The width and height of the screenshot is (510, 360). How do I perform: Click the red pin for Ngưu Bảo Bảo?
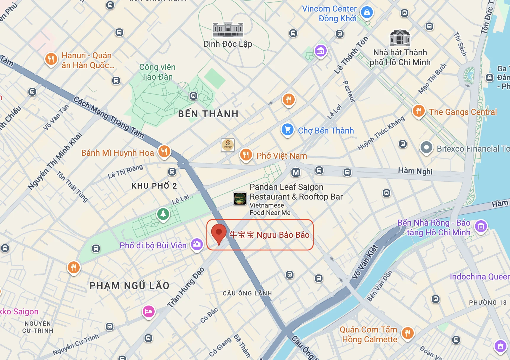point(219,232)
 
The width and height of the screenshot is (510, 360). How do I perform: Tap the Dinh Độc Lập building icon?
point(228,30)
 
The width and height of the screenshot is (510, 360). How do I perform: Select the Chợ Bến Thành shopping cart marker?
point(287,130)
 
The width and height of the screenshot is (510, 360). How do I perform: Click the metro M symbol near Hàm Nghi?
point(296,172)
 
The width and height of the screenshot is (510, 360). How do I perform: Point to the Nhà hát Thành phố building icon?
point(400,38)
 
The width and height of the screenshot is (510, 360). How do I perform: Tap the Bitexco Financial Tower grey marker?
point(426,147)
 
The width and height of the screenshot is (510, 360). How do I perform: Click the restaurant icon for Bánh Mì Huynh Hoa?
point(164,152)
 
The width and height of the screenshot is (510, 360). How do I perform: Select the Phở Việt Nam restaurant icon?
point(246,154)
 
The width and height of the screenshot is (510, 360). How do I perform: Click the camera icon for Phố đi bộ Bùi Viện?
point(197,244)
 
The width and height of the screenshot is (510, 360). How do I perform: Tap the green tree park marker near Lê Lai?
point(163,213)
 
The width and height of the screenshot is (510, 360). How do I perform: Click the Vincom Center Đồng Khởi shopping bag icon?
point(367,12)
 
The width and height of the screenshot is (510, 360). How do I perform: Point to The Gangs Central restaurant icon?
point(418,111)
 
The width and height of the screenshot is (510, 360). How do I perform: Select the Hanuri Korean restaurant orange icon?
point(51,59)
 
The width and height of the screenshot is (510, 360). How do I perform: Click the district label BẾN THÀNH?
point(208,114)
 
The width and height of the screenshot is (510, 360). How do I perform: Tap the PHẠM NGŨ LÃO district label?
point(129,286)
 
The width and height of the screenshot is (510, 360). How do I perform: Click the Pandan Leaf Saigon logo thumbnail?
point(240,198)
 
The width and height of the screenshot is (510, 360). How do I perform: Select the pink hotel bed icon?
point(149,311)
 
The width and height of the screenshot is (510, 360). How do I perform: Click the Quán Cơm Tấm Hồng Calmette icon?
point(408,333)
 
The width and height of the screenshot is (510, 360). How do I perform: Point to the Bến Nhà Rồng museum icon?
point(481,227)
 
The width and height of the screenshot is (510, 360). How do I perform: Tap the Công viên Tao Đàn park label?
point(157,72)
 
